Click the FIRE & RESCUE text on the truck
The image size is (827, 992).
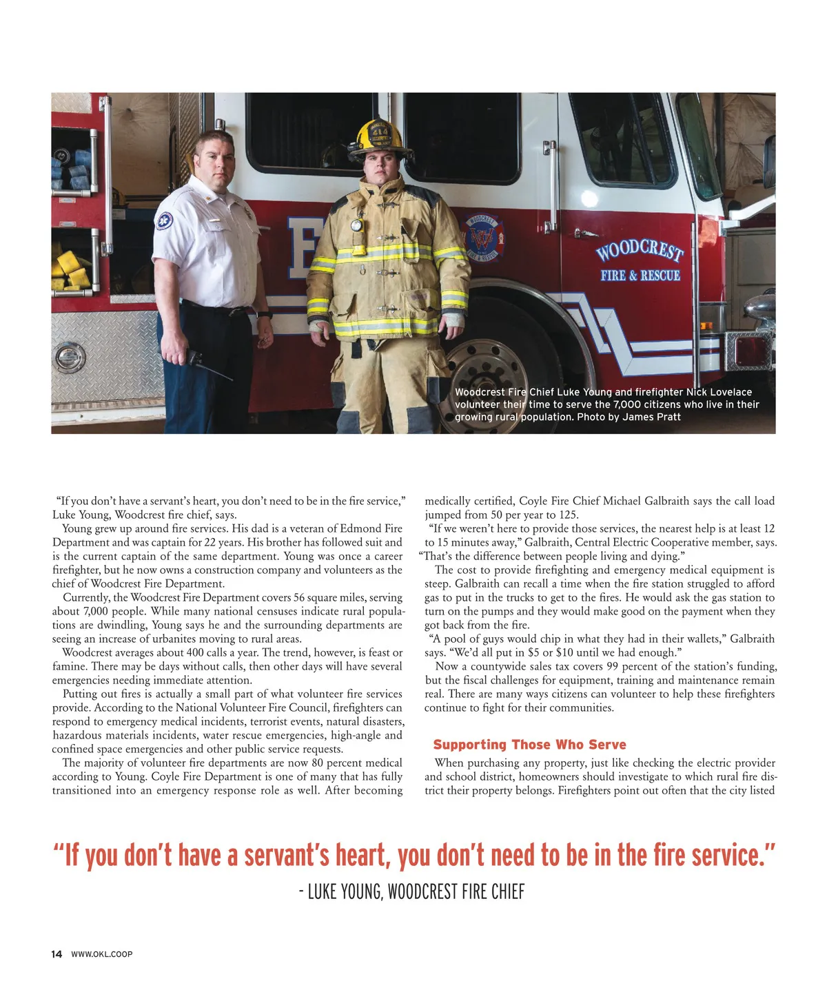(x=640, y=276)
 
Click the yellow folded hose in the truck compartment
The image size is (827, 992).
(x=71, y=269)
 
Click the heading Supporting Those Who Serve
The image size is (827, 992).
(x=529, y=745)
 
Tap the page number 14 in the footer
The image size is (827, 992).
(x=57, y=954)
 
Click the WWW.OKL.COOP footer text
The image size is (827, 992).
(x=101, y=954)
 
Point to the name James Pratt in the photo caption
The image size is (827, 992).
(x=651, y=417)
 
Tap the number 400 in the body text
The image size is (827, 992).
(x=197, y=652)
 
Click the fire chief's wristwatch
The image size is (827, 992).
(x=264, y=314)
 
